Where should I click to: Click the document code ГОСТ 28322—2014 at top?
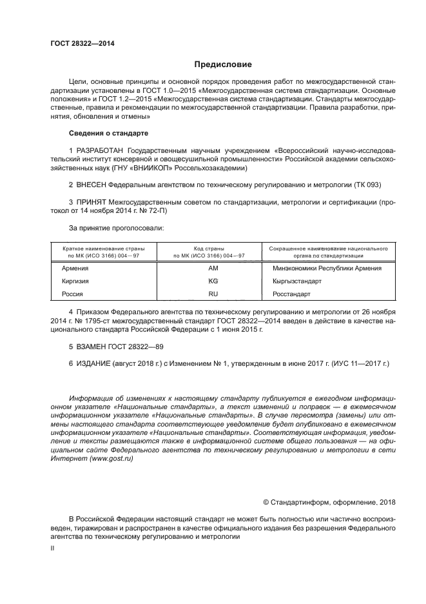coord(77,44)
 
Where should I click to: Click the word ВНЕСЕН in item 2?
coord(93,185)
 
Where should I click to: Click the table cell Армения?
coord(75,268)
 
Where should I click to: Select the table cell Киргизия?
coord(75,281)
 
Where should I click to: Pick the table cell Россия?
coord(72,294)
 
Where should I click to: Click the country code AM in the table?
coord(213,268)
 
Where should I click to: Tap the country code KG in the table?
coord(213,281)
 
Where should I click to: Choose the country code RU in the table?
coord(213,294)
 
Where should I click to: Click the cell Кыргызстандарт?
coord(297,281)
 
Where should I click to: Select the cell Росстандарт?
coord(292,294)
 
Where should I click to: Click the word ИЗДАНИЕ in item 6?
coord(94,365)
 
